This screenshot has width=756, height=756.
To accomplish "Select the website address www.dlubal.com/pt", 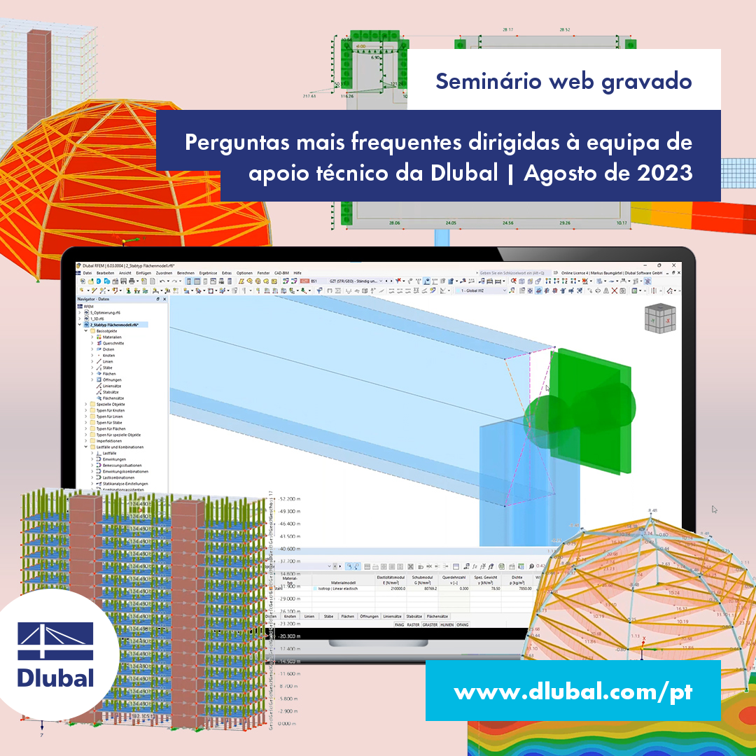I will [573, 692].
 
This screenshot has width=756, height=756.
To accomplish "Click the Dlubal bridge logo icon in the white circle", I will [55, 642].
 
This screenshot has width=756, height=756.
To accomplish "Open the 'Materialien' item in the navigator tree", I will [111, 337].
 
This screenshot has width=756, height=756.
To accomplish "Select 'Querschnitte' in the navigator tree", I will [113, 343].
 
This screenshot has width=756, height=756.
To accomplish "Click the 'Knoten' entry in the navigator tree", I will [108, 356].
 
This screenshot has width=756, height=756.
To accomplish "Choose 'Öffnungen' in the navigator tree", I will [111, 380].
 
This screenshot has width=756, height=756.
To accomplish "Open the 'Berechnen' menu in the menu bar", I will [185, 272].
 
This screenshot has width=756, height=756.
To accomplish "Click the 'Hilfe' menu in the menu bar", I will [297, 272].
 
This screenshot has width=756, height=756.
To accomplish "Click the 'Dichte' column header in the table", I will [516, 577].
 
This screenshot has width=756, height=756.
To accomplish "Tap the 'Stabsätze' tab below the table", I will [414, 616].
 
